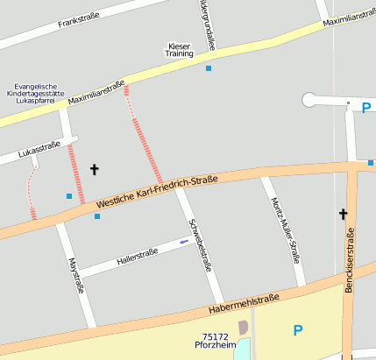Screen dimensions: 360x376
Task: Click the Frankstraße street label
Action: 89,20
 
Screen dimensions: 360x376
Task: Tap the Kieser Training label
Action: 179,49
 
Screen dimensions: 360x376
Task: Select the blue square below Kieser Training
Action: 209,67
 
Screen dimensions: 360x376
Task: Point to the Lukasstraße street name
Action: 38,148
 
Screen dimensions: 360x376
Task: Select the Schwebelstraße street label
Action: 202,243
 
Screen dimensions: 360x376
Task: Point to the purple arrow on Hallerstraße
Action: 183,242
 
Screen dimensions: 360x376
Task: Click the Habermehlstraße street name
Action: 244,305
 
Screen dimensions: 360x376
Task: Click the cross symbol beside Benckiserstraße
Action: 344,214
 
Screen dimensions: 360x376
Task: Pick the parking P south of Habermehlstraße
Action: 297,330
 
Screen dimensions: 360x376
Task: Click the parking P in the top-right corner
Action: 365,108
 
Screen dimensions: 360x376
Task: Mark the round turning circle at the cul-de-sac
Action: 309,100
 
